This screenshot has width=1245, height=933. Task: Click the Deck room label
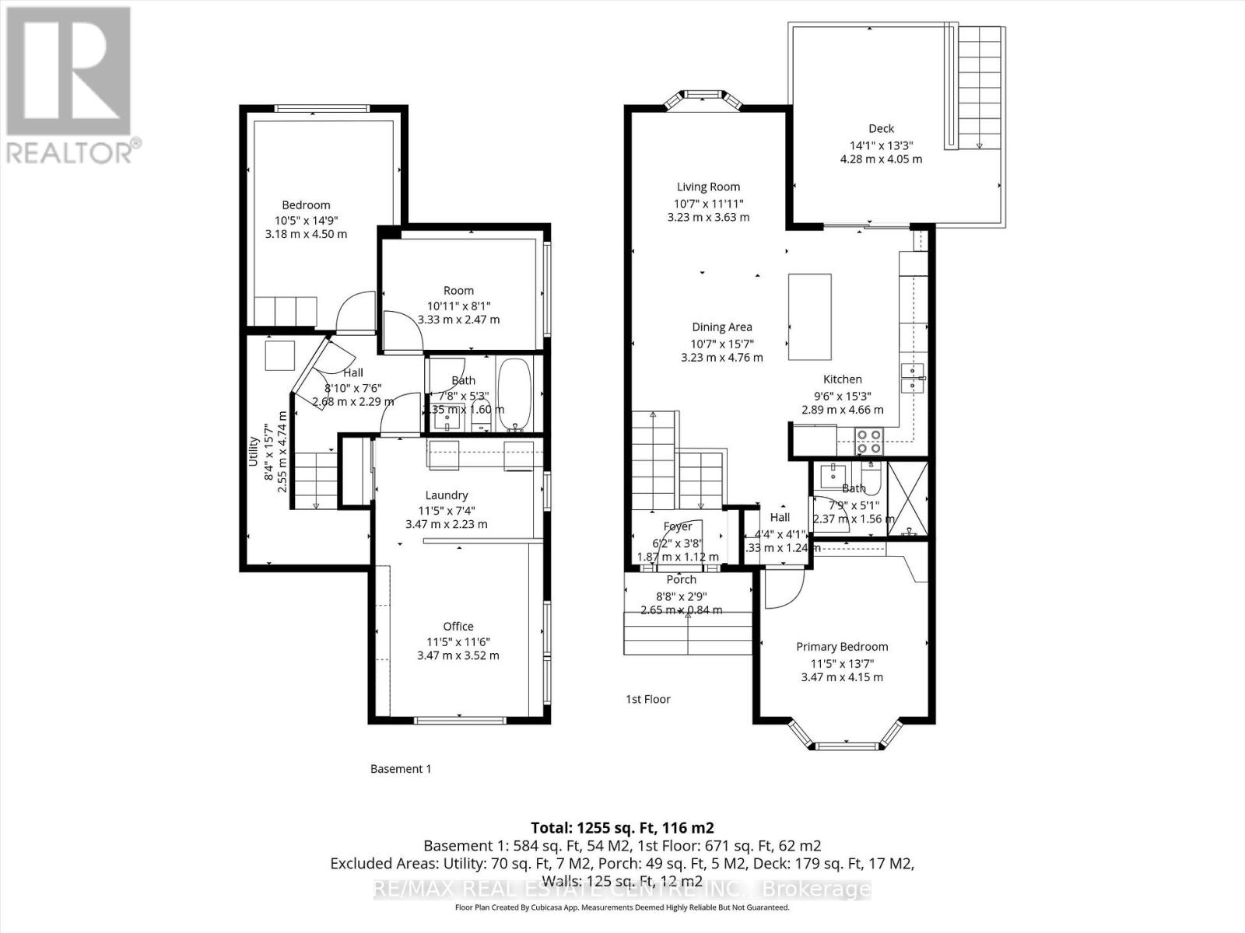[x=881, y=128]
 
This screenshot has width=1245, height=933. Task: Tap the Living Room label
[x=708, y=187]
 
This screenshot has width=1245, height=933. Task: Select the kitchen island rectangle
[x=809, y=316]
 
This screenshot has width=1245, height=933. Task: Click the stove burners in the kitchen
[x=868, y=441]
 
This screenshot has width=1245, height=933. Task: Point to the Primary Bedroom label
[x=842, y=646]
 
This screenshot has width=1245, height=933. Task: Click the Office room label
[x=458, y=626]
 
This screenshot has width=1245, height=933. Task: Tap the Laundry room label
[x=447, y=495]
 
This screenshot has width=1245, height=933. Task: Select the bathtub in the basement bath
[x=514, y=394]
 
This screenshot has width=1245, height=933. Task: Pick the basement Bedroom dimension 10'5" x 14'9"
[x=306, y=220]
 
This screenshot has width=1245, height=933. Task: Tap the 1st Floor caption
[x=648, y=699]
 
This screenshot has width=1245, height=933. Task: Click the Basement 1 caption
[x=400, y=769]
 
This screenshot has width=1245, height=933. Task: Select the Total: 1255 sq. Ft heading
[x=622, y=827]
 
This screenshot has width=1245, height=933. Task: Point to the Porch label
[x=681, y=579]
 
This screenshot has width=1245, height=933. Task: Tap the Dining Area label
[x=721, y=327]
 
